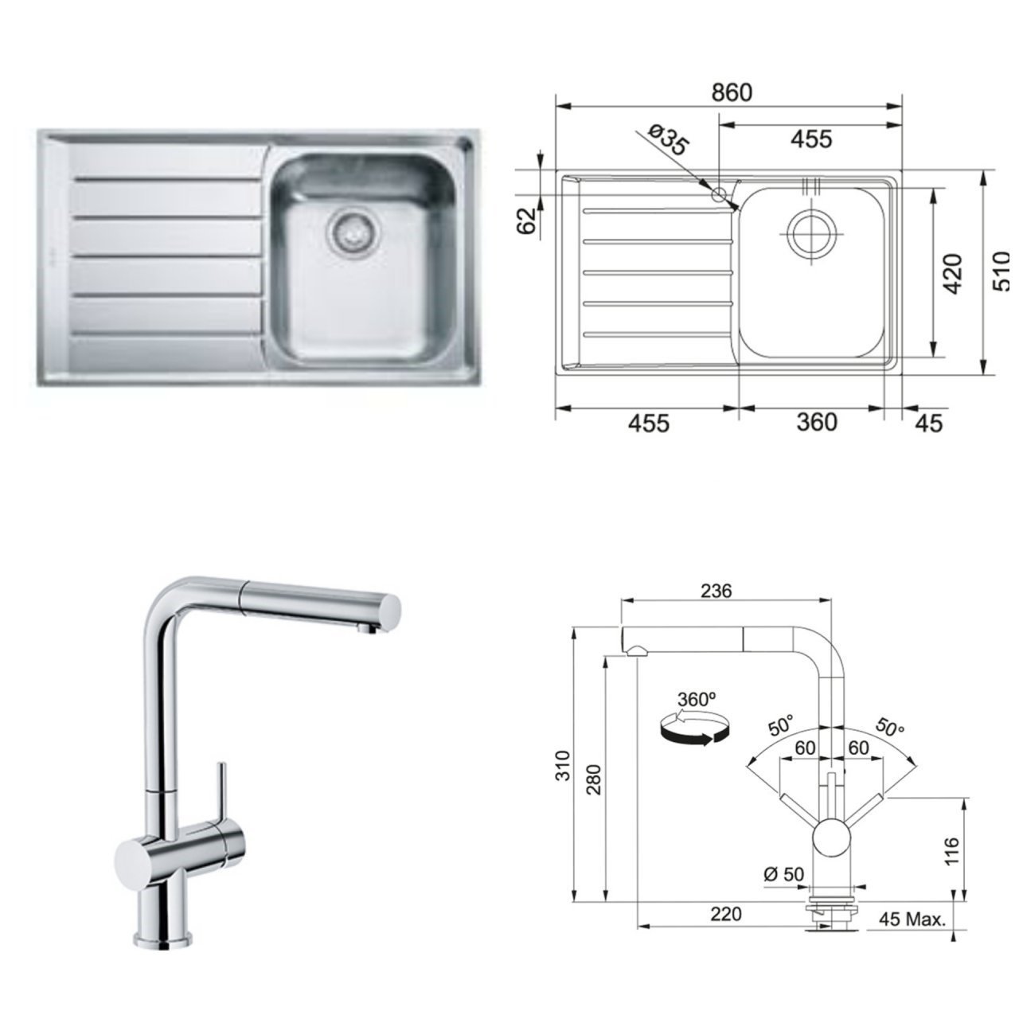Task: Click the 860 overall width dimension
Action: point(731,92)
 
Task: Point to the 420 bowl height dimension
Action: point(952,273)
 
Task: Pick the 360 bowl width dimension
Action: point(817,422)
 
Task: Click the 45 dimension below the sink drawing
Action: point(927,423)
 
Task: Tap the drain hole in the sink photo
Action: point(349,230)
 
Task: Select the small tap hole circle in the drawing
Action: point(720,193)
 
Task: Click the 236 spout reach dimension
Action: point(716,591)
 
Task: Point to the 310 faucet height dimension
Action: point(563,765)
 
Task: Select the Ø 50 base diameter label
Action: point(783,873)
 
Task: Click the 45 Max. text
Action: point(912,920)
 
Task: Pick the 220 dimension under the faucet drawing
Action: point(724,913)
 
